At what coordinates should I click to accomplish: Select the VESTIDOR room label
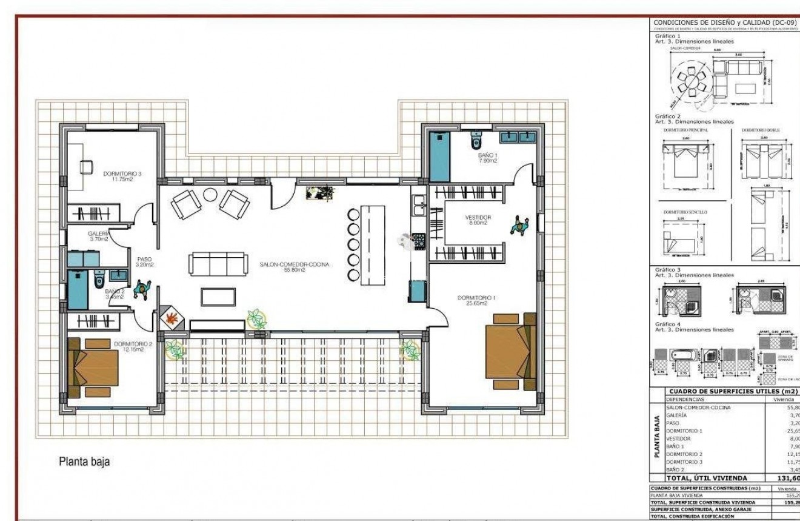click(478, 220)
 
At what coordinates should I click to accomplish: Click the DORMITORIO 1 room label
click(476, 300)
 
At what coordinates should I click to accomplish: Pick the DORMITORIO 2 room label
click(128, 346)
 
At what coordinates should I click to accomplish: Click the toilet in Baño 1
click(476, 140)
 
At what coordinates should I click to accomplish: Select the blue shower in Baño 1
click(439, 156)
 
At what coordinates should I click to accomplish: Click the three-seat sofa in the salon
click(218, 264)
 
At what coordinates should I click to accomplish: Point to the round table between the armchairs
click(210, 195)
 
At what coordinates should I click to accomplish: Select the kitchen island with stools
click(372, 245)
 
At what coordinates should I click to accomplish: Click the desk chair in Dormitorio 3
click(86, 166)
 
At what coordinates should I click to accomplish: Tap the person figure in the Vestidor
click(519, 226)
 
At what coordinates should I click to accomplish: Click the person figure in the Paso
click(142, 290)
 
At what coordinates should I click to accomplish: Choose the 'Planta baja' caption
click(84, 462)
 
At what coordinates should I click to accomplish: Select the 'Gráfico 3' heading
click(668, 269)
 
